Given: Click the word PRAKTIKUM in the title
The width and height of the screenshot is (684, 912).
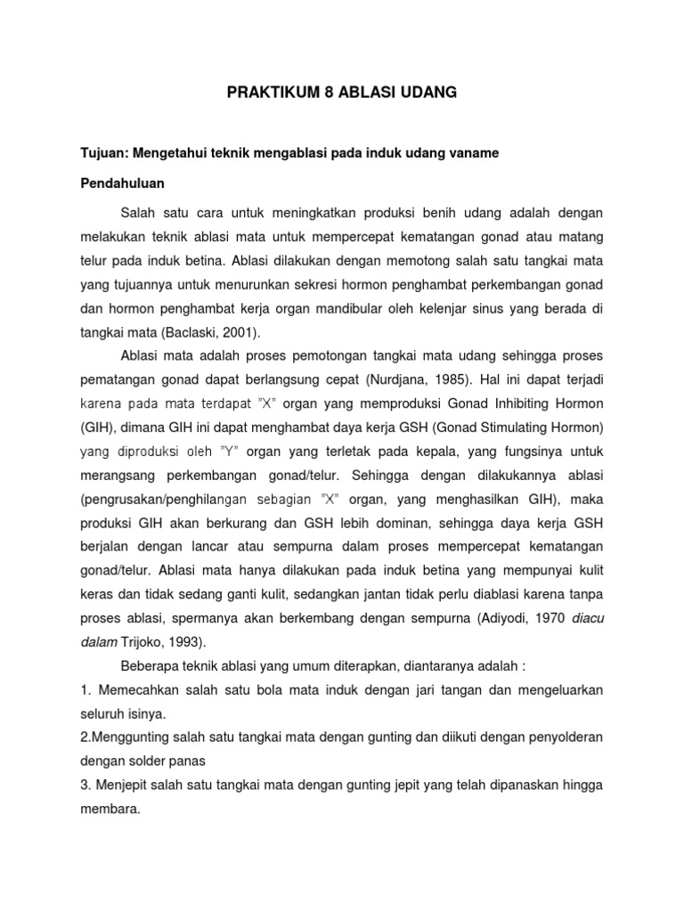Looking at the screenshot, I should (265, 93).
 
